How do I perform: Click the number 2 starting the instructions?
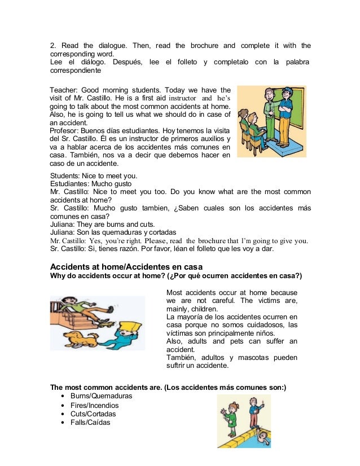coord(53,46)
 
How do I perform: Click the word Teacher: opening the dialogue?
coord(64,90)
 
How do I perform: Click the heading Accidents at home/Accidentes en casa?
coord(126,266)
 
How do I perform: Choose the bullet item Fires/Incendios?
coord(94,405)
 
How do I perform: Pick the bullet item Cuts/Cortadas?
coord(93,414)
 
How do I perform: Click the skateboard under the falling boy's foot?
coord(106,321)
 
